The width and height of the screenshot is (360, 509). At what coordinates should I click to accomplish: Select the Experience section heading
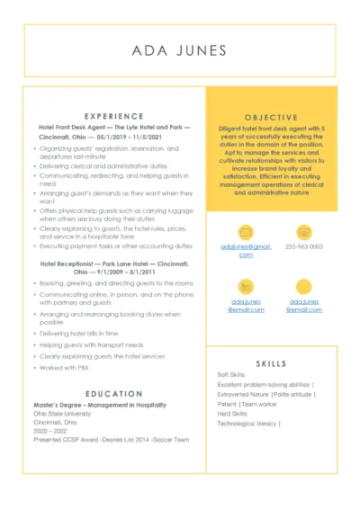click(x=113, y=116)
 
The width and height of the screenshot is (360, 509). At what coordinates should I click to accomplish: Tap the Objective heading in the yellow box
click(x=271, y=117)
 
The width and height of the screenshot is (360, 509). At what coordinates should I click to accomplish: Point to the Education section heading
click(x=113, y=393)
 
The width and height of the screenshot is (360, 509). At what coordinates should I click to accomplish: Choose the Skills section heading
click(x=271, y=363)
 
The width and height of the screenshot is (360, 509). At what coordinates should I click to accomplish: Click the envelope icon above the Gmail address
click(x=246, y=232)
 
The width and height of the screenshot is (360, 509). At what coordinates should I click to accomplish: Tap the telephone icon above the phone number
click(x=303, y=232)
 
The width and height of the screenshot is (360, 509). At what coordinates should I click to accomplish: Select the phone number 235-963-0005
click(x=304, y=246)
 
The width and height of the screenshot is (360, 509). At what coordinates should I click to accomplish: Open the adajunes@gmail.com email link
click(x=246, y=250)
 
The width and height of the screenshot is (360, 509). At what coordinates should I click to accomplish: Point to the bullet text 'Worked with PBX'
click(x=65, y=367)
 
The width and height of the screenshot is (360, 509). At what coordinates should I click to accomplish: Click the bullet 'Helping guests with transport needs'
click(x=90, y=344)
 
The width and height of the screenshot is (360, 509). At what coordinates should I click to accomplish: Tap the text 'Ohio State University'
click(x=63, y=414)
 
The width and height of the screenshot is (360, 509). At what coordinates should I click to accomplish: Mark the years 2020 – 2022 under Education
click(x=49, y=430)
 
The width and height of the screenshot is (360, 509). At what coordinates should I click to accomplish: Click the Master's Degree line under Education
click(x=88, y=406)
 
